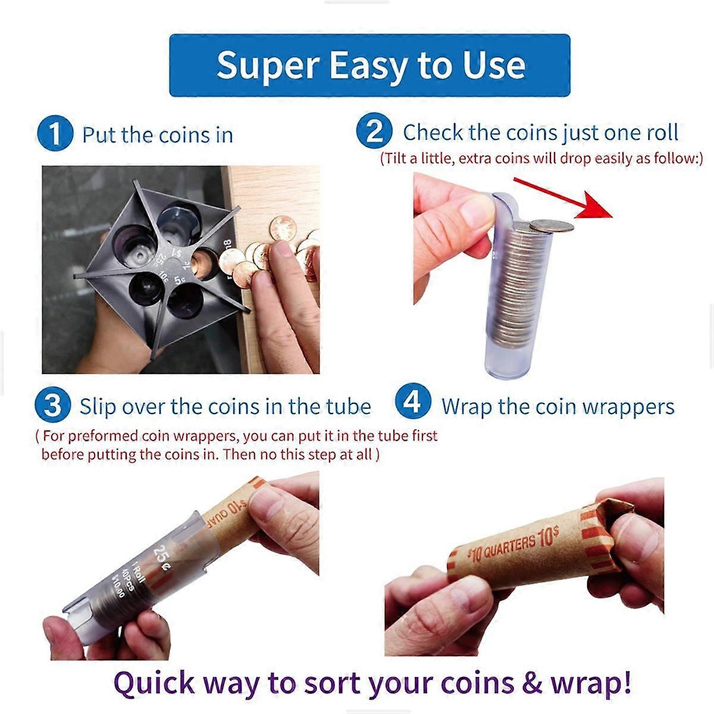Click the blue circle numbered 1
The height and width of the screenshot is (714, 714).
coord(54,134)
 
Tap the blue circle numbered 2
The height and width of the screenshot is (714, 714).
coord(374,131)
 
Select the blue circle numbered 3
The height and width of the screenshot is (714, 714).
coord(52,406)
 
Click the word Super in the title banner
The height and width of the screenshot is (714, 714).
coord(267,65)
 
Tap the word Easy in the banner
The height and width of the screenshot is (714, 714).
coord(368,66)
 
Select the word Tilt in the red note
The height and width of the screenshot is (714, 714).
coord(399,159)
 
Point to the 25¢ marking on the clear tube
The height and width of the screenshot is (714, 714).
coord(161,553)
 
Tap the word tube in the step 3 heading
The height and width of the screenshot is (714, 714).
coord(348,407)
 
